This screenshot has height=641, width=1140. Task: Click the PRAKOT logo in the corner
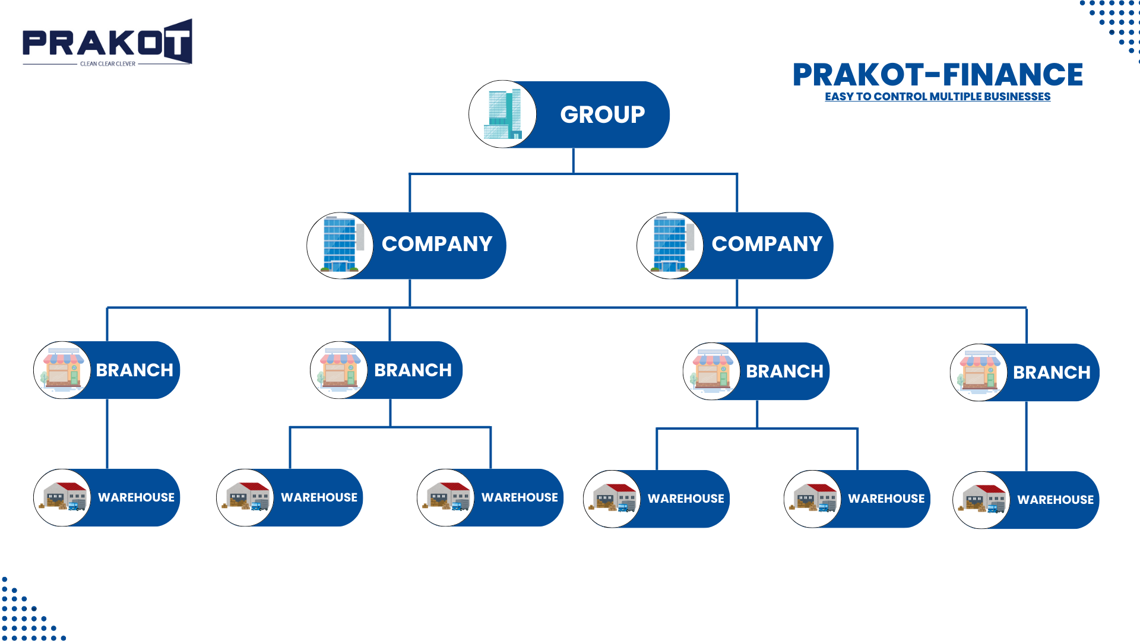107,42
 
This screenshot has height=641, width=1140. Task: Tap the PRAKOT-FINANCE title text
938,75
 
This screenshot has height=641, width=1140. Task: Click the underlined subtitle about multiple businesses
938,97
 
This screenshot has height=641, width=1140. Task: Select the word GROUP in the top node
602,115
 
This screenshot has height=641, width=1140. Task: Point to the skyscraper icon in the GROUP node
503,115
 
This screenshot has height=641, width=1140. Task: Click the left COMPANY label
437,244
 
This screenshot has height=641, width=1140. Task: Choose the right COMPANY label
767,244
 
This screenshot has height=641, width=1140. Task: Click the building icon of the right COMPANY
670,245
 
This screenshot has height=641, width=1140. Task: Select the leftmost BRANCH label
135,370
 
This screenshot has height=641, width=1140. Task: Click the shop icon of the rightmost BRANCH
978,372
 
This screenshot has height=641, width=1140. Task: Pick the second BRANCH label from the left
413,370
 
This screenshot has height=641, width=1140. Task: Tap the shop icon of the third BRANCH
711,371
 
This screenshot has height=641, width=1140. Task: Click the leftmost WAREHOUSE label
136,497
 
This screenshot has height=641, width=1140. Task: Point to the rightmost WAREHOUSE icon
981,500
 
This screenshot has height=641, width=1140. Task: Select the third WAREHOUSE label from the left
520,497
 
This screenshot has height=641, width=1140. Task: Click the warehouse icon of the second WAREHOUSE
245,497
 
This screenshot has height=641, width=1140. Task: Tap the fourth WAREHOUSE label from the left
686,499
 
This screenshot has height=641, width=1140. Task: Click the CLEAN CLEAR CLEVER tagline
107,64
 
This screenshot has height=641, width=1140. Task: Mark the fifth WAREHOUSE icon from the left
813,499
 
